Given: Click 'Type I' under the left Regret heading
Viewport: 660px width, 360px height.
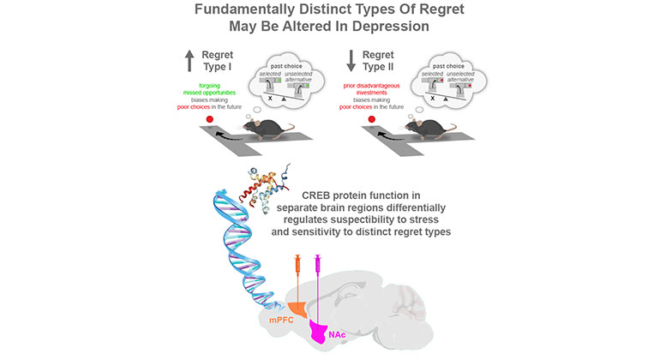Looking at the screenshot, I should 216,69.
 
